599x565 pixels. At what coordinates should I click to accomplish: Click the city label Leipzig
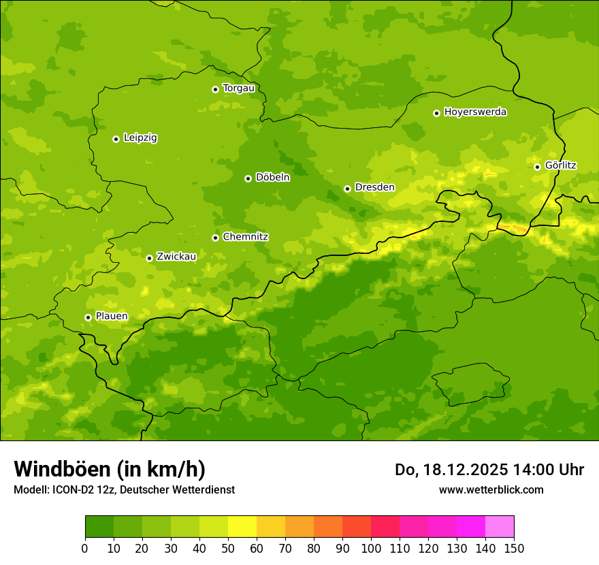point(140,138)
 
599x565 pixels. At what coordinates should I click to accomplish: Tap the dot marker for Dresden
point(347,189)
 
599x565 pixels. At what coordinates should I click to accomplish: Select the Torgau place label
point(238,88)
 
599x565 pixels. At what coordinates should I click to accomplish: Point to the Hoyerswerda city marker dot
point(436,113)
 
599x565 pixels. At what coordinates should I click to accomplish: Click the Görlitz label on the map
point(560,165)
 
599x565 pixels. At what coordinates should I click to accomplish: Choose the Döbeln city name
point(272,177)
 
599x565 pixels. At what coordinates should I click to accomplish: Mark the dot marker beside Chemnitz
point(215,238)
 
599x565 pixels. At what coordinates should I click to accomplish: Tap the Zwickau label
point(176,257)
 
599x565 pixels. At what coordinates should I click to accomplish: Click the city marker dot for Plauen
point(88,317)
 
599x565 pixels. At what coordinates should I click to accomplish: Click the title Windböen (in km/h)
point(109,469)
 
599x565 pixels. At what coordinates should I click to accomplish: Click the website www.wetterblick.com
point(491,489)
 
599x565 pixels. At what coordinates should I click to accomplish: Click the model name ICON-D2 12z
point(78,489)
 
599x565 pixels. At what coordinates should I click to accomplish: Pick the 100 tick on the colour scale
point(371,548)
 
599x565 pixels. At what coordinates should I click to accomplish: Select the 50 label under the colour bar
point(228,548)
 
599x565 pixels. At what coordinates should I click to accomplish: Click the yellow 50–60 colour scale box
point(242,527)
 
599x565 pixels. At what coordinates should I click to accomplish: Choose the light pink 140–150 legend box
point(500,527)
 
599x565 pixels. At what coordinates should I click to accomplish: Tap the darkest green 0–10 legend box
point(99,527)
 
